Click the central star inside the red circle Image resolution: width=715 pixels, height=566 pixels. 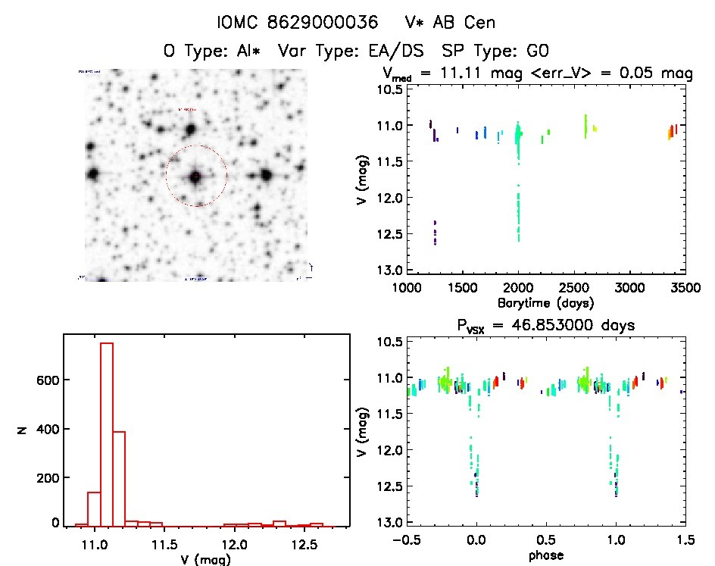click(196, 177)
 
